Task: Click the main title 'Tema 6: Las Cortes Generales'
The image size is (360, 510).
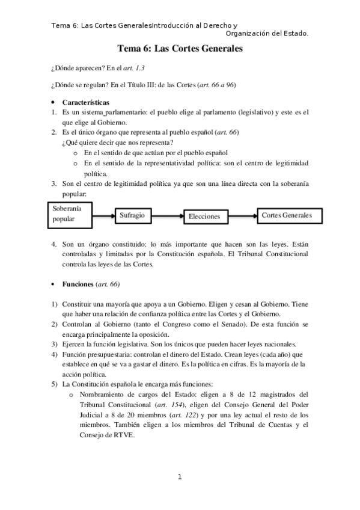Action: pyautogui.click(x=180, y=49)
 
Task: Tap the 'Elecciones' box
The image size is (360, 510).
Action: pyautogui.click(x=204, y=216)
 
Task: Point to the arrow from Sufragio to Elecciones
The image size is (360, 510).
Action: pyautogui.click(x=166, y=215)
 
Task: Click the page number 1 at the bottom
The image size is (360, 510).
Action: pyautogui.click(x=179, y=477)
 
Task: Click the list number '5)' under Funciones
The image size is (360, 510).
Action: pyautogui.click(x=55, y=384)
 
